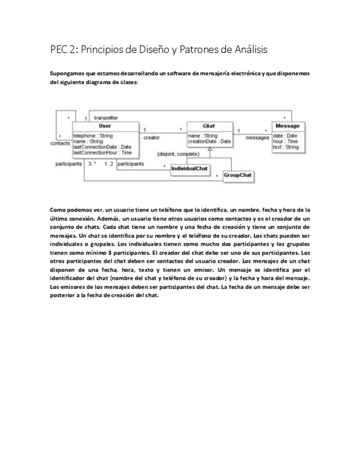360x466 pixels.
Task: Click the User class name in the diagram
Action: coord(104,126)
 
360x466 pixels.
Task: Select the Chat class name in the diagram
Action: coord(209,126)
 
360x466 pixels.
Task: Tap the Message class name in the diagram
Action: coord(287,126)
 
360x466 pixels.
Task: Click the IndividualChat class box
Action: coord(190,168)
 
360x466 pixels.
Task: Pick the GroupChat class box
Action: coord(237,176)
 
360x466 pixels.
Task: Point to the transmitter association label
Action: coord(106,118)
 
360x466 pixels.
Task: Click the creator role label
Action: coord(151,137)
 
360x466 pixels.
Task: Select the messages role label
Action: coord(257,137)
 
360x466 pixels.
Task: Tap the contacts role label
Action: coord(60,143)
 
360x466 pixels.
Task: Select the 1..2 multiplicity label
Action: coord(109,164)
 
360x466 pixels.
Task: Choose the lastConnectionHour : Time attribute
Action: coord(103,152)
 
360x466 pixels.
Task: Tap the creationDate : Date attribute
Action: coord(209,141)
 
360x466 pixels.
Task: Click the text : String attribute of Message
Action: coord(286,147)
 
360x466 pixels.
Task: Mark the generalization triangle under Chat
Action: coord(209,148)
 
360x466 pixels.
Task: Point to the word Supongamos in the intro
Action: coord(67,74)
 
